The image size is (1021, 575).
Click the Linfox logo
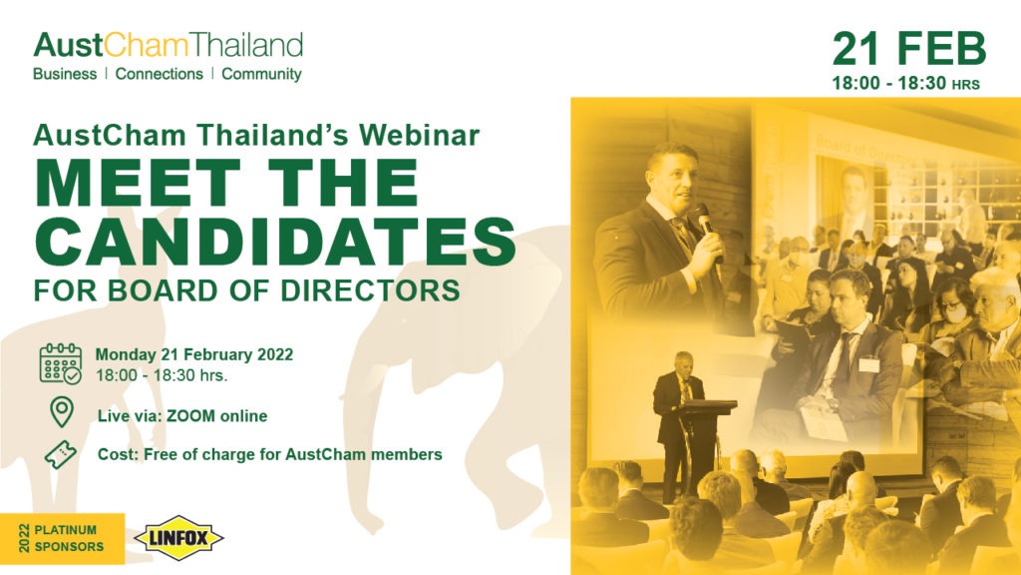click(x=179, y=538)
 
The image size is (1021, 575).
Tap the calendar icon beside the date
click(x=61, y=363)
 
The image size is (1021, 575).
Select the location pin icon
click(x=62, y=412)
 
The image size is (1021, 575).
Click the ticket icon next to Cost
click(x=61, y=454)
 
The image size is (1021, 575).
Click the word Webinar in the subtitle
click(x=420, y=135)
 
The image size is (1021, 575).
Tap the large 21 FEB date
click(x=909, y=49)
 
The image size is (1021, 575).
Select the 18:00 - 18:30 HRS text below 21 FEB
click(x=905, y=84)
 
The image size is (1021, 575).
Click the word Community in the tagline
click(x=262, y=74)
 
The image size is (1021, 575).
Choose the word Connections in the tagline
click(x=159, y=74)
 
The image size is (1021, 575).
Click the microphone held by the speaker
click(x=705, y=225)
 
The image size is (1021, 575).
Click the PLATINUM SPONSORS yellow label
click(x=63, y=538)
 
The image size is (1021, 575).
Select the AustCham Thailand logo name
click(x=168, y=46)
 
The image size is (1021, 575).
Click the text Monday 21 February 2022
click(x=194, y=354)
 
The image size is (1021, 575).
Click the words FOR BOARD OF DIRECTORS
click(x=247, y=290)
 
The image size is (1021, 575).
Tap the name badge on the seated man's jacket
click(x=868, y=364)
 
